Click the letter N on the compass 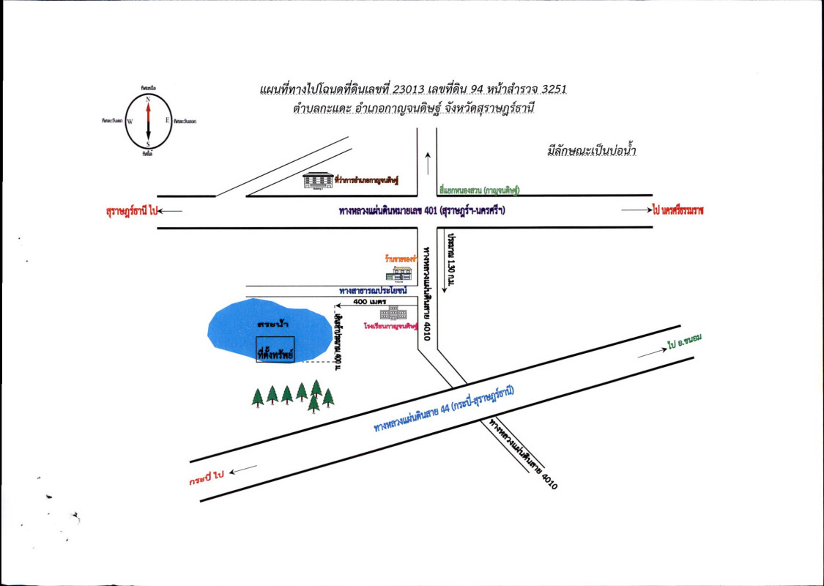[148, 99]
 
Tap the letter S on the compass [148, 144]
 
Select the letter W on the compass [130, 122]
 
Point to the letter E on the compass [167, 121]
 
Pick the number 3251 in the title [551, 90]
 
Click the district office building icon [318, 180]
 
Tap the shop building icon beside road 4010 [400, 272]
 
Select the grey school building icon [393, 314]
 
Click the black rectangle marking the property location [275, 349]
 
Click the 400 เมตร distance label [370, 302]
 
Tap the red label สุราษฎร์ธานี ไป [133, 211]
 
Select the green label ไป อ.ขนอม [685, 342]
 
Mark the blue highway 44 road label [444, 410]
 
